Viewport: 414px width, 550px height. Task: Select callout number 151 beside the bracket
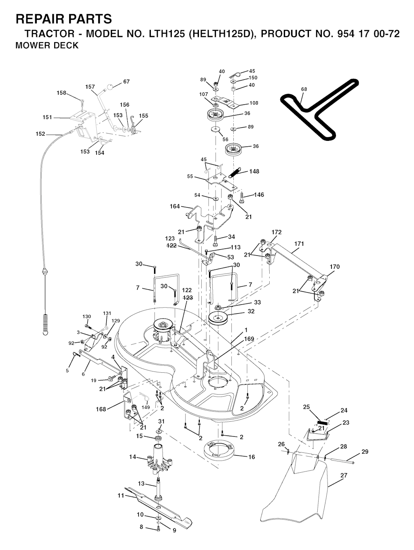tap(47, 117)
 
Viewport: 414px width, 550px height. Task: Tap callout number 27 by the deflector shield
tap(344, 476)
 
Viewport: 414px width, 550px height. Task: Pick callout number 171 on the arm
tap(299, 244)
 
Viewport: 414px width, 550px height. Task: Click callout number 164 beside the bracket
tap(175, 206)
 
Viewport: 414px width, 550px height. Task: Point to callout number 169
tap(249, 339)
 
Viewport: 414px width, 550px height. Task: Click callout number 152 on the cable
tap(40, 134)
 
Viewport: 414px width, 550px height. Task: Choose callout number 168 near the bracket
tap(101, 409)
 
